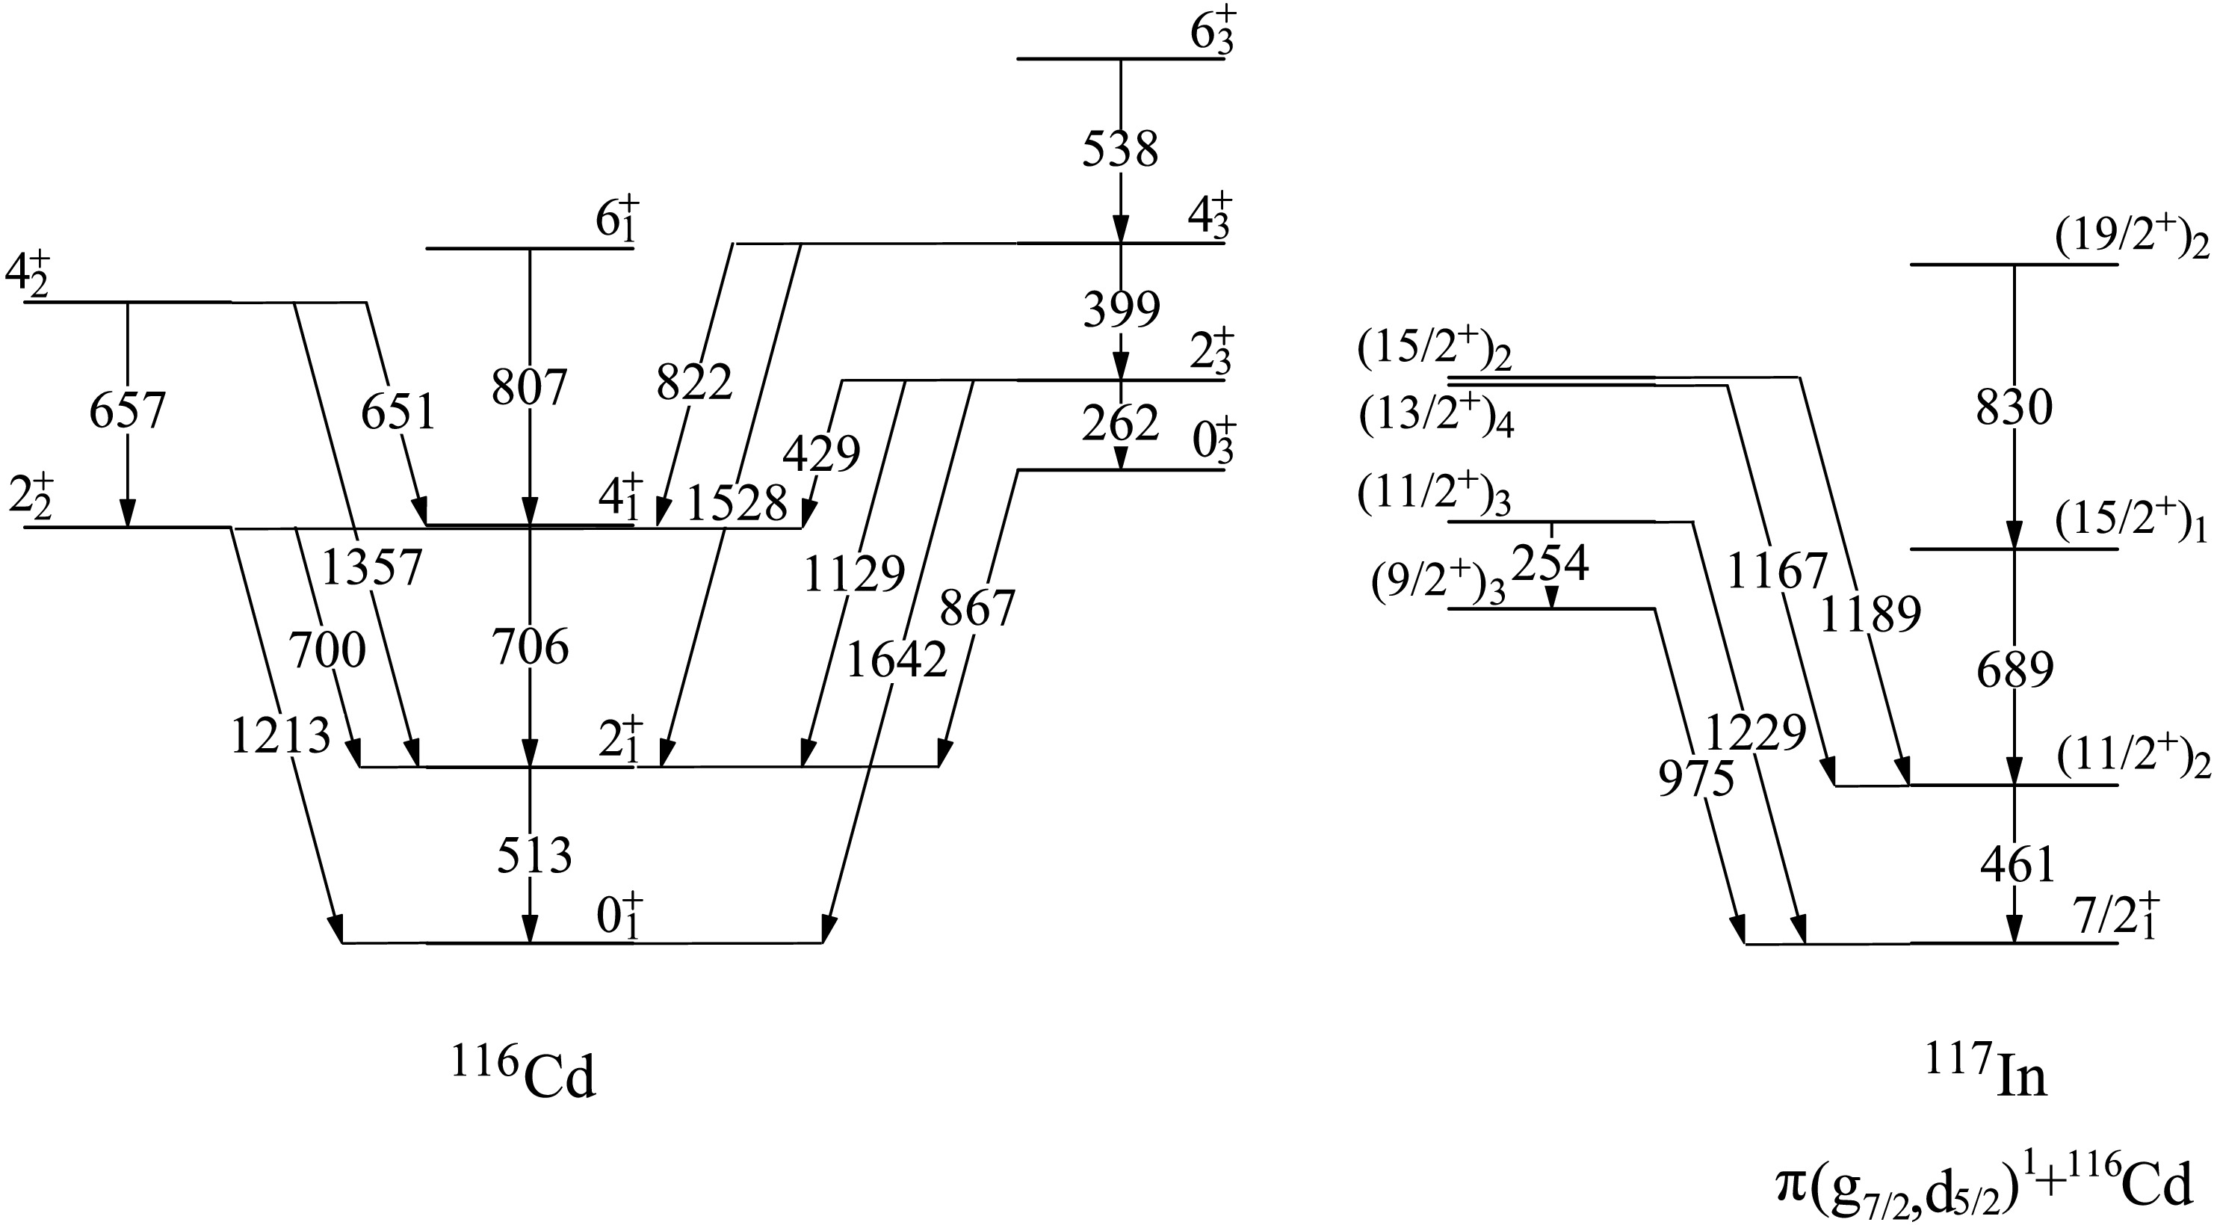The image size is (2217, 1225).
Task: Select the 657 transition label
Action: point(127,412)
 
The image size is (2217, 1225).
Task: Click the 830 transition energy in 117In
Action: point(2014,408)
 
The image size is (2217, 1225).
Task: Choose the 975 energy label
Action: point(1695,780)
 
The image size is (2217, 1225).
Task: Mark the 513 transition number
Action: point(534,856)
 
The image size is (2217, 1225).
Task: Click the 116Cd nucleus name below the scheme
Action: point(523,1076)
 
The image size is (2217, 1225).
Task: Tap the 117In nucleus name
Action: point(1986,1076)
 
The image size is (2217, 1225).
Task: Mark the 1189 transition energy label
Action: point(1870,614)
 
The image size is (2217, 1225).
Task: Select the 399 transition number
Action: point(1122,310)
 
